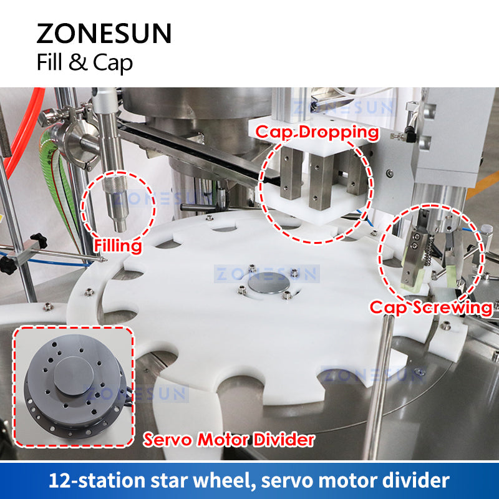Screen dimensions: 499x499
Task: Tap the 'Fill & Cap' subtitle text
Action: pyautogui.click(x=84, y=62)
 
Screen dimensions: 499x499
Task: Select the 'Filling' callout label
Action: pyautogui.click(x=118, y=246)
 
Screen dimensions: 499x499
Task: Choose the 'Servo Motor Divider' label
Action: pyautogui.click(x=229, y=440)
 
